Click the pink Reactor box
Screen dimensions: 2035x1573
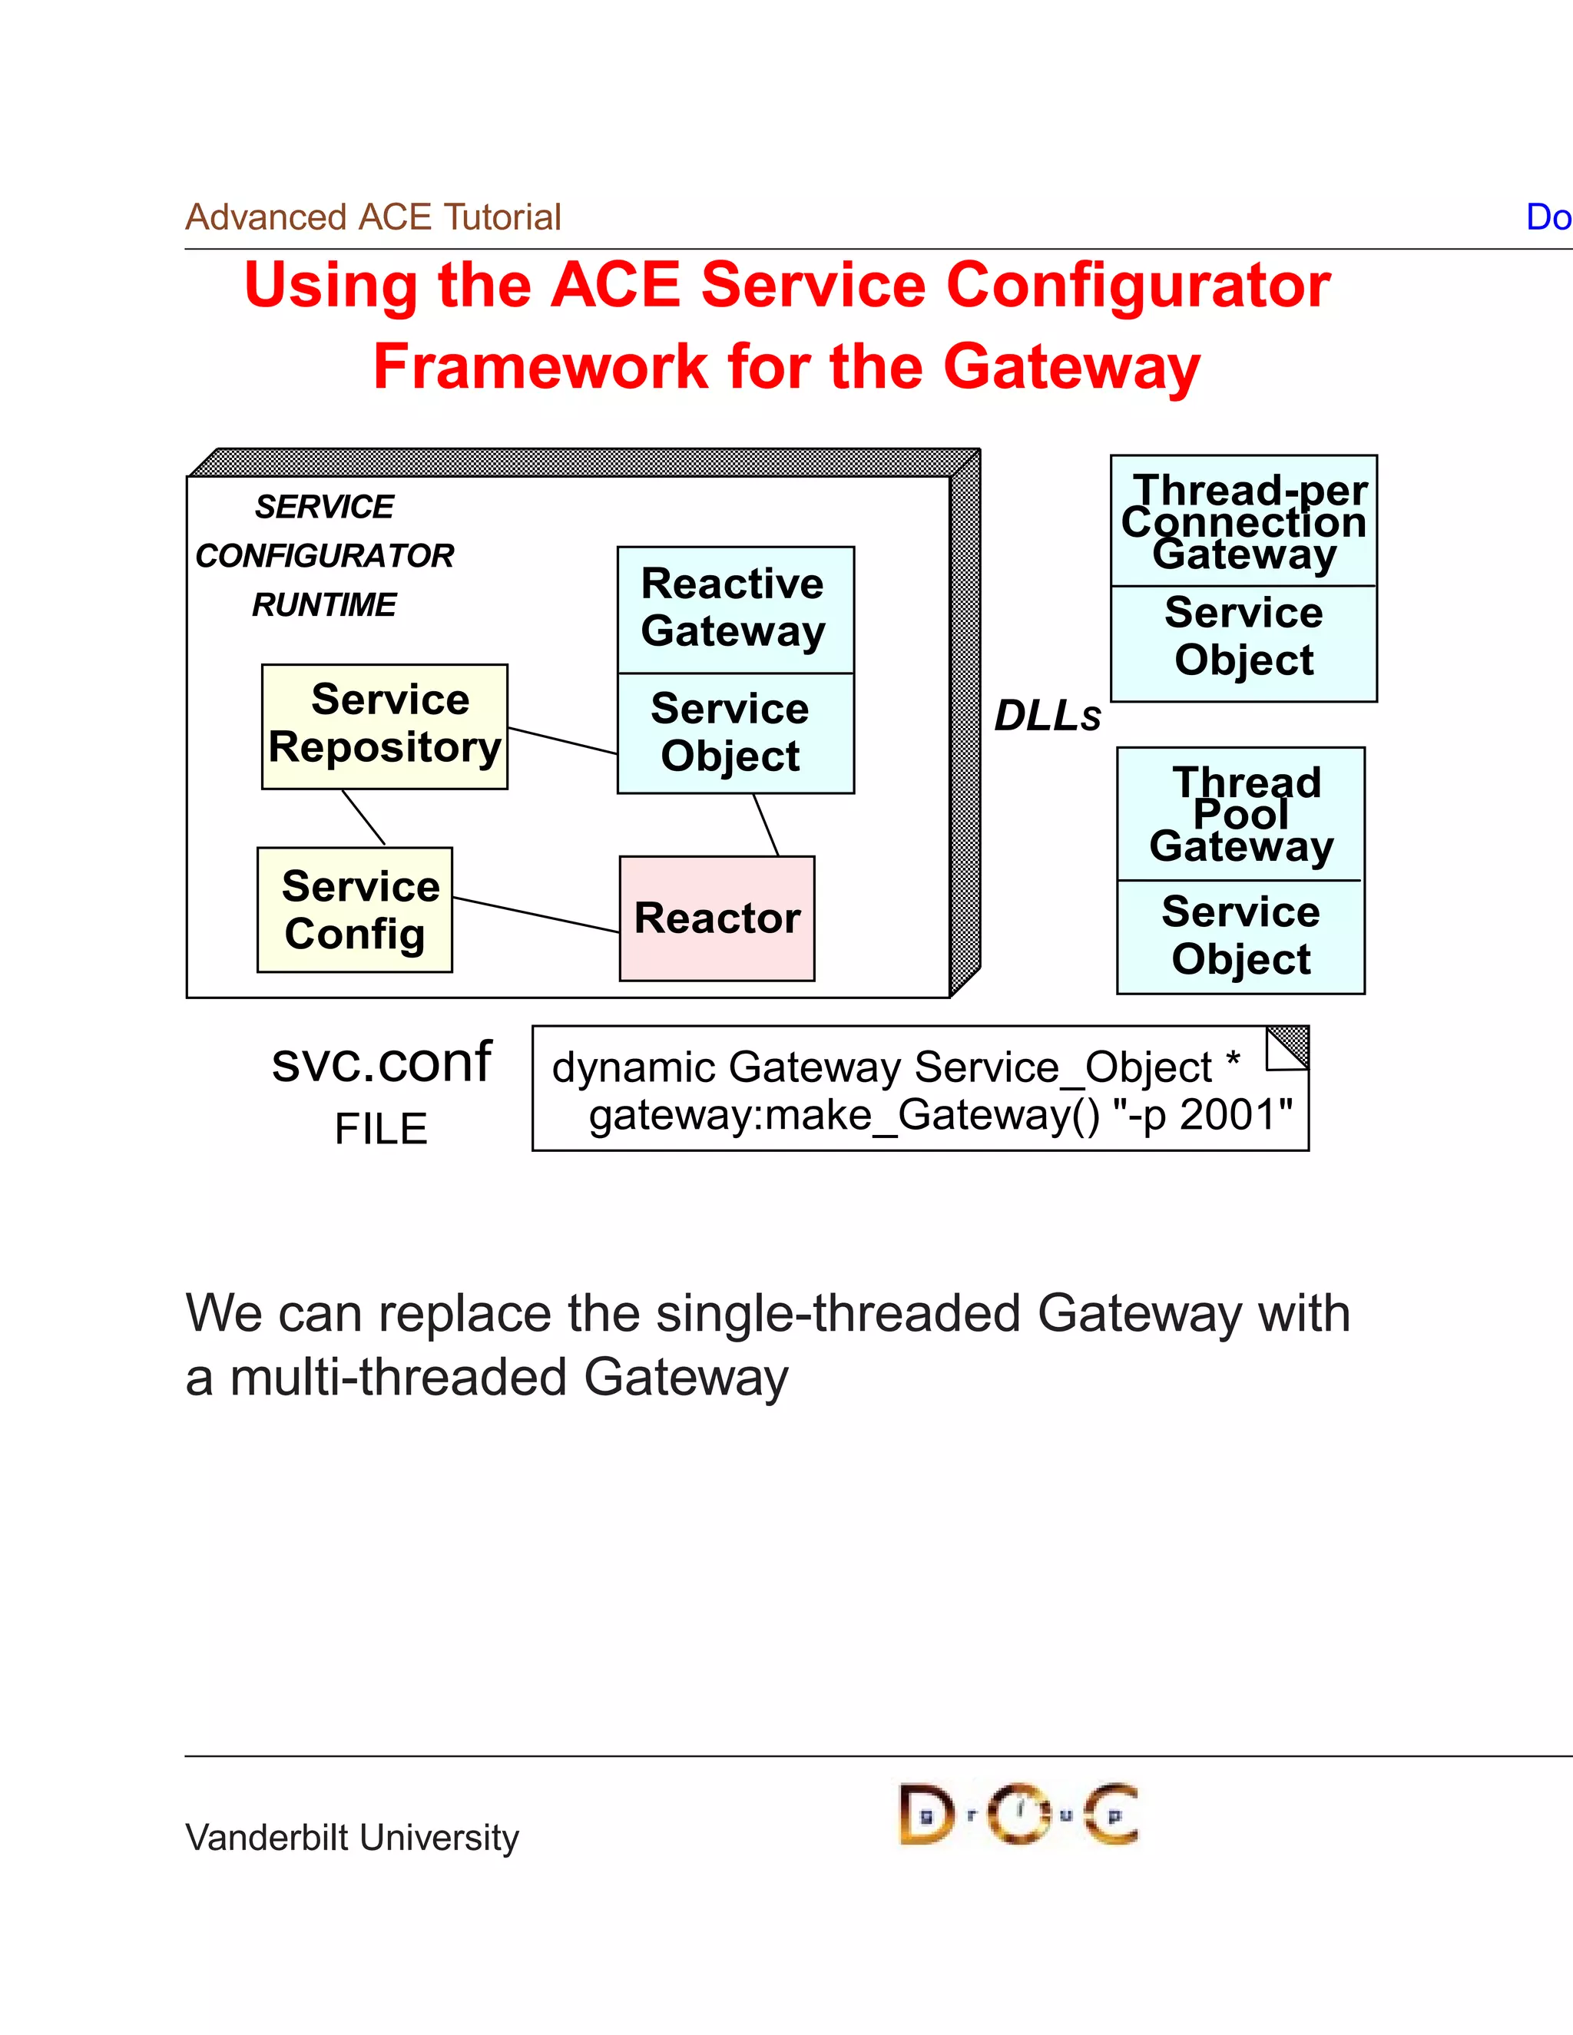[717, 918]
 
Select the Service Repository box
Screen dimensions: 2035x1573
[385, 726]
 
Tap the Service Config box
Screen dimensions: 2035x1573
[355, 909]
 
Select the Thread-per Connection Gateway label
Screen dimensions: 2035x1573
[1244, 521]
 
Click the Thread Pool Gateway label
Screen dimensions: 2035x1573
[1241, 814]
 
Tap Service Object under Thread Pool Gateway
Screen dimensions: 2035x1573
[1241, 935]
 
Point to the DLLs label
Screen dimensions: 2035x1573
[1048, 716]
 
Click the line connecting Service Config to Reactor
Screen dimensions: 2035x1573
[536, 915]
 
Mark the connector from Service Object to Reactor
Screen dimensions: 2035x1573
[766, 825]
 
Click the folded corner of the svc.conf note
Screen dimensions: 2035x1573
[1288, 1047]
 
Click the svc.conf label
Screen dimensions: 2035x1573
[381, 1062]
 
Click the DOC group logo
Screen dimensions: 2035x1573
[1018, 1813]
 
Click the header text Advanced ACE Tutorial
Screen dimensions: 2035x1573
[373, 217]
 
